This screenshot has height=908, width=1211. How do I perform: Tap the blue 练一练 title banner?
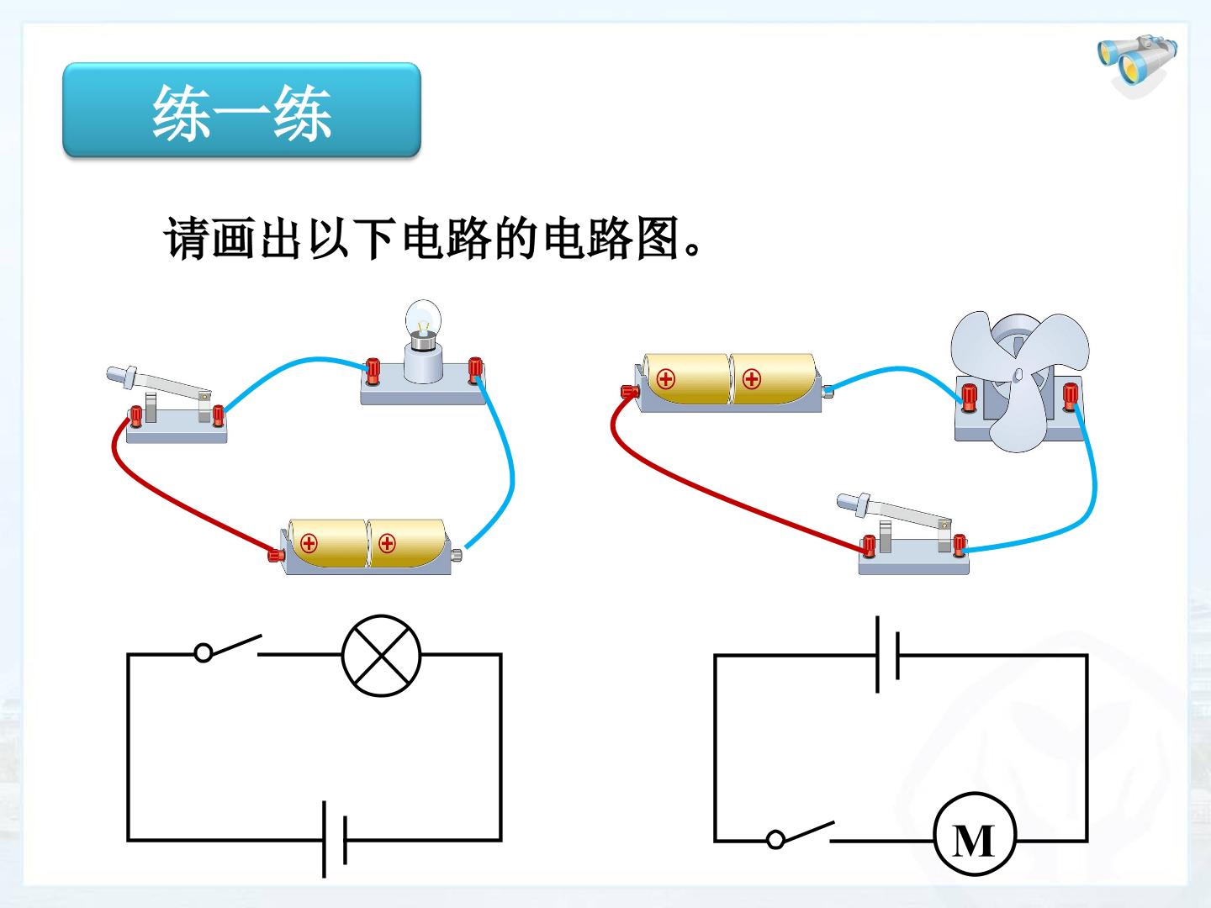(x=241, y=110)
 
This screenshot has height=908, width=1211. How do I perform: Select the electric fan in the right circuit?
(x=1019, y=380)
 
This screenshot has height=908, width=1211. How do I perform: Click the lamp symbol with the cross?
(x=381, y=656)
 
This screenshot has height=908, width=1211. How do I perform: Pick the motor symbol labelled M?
(x=975, y=841)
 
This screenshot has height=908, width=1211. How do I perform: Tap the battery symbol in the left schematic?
(x=335, y=840)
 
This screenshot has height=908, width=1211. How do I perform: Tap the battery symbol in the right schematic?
(x=887, y=655)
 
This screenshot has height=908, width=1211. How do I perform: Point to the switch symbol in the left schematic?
(x=227, y=648)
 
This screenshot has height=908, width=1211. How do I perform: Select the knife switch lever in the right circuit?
(x=894, y=509)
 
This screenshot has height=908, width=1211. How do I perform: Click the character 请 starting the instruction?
(x=187, y=238)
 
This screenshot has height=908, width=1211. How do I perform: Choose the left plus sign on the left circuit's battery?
(x=309, y=544)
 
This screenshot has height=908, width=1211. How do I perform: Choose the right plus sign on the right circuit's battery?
(x=752, y=379)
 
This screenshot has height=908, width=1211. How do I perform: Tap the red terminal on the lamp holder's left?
(x=373, y=371)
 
